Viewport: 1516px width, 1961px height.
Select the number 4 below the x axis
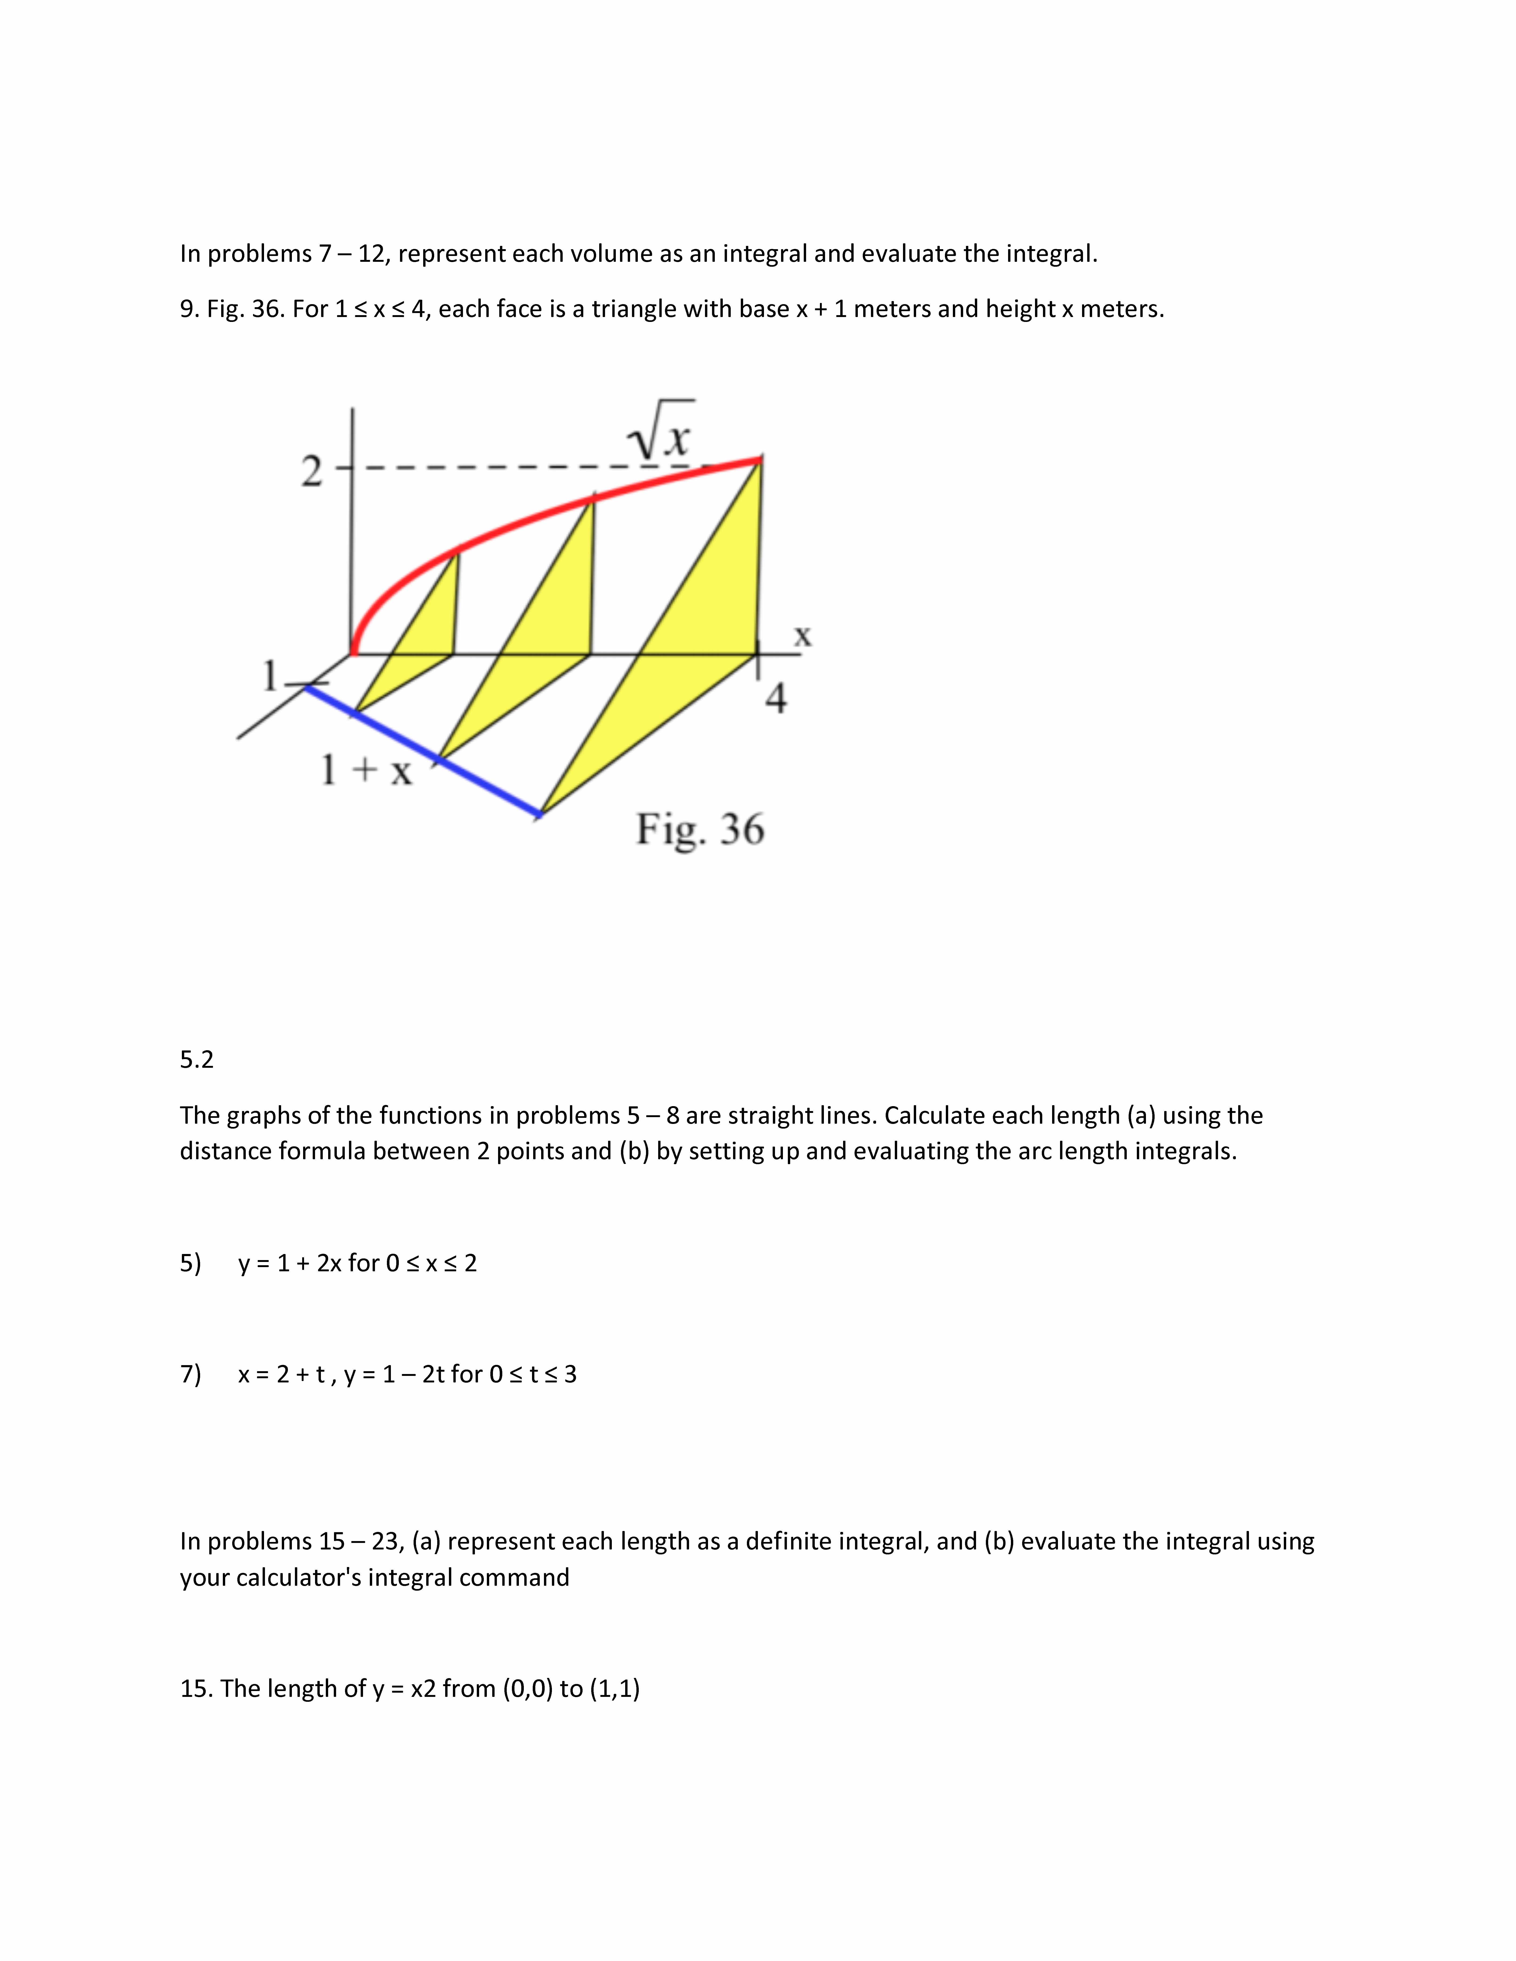point(776,698)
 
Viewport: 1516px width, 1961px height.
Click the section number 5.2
point(197,1060)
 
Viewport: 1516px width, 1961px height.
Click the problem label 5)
point(190,1263)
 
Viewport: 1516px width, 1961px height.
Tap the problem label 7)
point(190,1375)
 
